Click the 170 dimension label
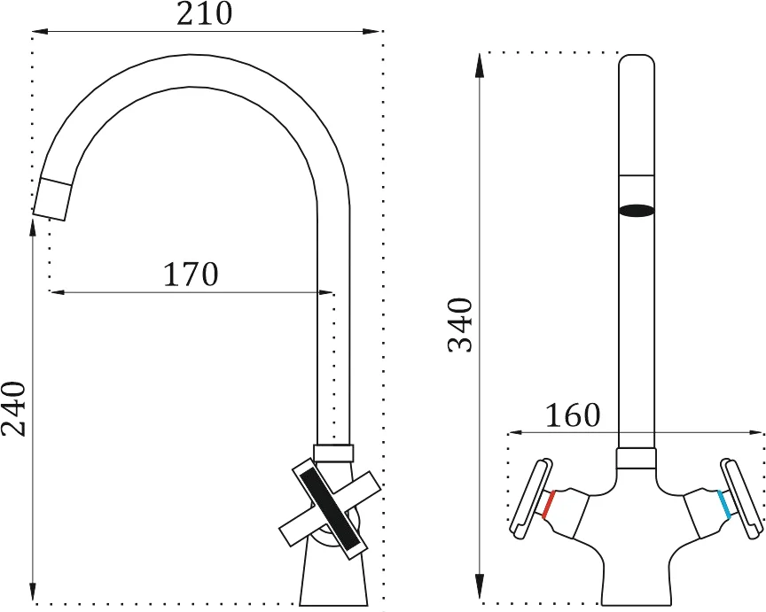tap(191, 275)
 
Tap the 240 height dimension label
tap(13, 409)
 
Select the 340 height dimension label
tap(460, 325)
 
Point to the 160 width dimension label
tap(572, 415)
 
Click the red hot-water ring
tap(549, 505)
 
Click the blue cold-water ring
tap(724, 505)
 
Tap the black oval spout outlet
tap(636, 211)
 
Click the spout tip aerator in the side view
tap(52, 199)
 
